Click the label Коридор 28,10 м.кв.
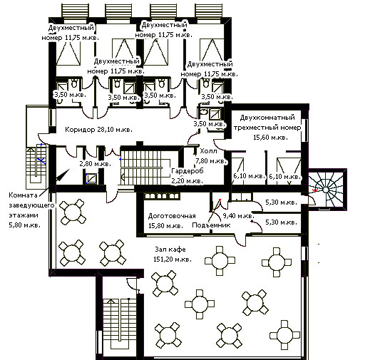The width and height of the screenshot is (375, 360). pos(98,130)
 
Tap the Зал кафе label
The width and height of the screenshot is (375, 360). pos(170,250)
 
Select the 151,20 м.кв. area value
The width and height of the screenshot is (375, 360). pos(173,259)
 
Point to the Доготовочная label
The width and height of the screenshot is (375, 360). pos(172,216)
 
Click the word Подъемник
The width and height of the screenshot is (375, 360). pos(211,225)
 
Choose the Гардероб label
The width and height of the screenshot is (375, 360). pos(187,171)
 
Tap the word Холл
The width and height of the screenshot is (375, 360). pos(209,151)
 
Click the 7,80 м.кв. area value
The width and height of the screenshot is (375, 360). pos(211,161)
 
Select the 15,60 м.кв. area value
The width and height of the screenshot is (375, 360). pos(270,138)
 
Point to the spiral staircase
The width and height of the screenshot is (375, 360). pos(326,190)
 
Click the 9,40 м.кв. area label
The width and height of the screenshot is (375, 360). pos(238,216)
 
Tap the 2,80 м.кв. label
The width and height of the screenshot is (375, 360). pos(96,164)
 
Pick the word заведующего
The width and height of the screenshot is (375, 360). pos(31,205)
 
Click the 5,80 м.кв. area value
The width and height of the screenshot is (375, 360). pos(25,225)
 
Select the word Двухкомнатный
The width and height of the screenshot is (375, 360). pos(267,118)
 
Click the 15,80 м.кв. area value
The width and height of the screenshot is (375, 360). pos(165,226)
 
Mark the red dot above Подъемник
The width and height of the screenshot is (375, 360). pos(220,200)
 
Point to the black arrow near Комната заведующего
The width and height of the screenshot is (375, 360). pos(63,175)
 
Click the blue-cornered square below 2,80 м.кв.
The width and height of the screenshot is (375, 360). pos(91,179)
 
